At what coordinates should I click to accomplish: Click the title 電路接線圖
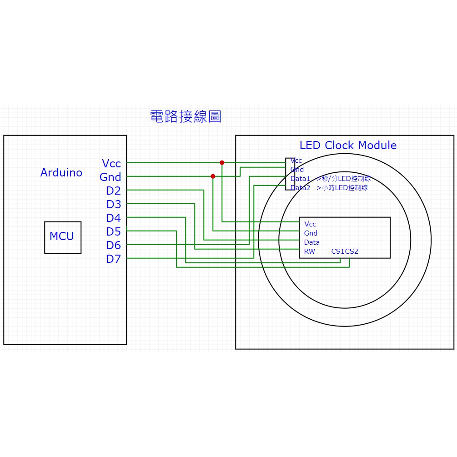pos(186,116)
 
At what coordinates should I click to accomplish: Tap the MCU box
pos(62,237)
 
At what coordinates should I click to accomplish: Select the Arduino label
pos(61,173)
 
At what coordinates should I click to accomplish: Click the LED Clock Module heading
pos(348,146)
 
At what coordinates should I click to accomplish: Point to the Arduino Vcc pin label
pos(111,163)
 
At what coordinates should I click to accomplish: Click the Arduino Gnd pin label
pos(110,177)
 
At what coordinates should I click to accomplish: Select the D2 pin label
pos(113,191)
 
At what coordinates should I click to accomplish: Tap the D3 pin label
pos(113,204)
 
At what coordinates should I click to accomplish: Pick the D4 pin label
pos(113,218)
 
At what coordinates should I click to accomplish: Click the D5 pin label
pos(113,231)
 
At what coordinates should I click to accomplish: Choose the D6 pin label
pos(113,245)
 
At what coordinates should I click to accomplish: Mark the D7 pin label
pos(113,259)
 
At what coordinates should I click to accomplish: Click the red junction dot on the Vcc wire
pos(222,162)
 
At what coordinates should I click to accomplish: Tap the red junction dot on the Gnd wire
pos(213,176)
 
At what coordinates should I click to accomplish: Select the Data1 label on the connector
pos(300,179)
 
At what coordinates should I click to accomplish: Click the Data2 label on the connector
pos(300,188)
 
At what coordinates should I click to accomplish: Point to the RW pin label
pos(309,251)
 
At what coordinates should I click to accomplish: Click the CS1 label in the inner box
pos(338,251)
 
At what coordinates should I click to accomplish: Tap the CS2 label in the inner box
pos(352,251)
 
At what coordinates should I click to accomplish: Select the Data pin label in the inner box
pos(312,242)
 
